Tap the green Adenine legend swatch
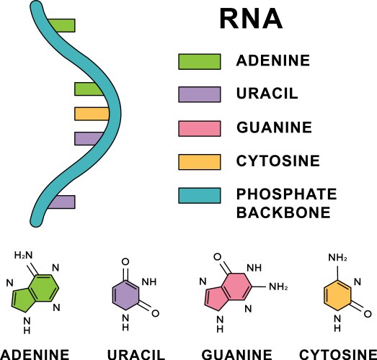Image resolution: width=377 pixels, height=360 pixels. click(x=199, y=62)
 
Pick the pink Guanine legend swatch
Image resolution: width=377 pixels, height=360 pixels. click(x=199, y=128)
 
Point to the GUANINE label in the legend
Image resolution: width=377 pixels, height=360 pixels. click(x=275, y=128)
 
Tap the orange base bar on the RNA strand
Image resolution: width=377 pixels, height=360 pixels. click(x=92, y=113)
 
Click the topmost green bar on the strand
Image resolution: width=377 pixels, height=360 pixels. click(x=63, y=25)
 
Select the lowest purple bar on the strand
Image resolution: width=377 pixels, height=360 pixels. click(x=63, y=202)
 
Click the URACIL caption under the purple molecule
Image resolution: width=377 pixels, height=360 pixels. click(x=136, y=354)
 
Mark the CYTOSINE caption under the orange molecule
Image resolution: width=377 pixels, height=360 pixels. click(x=337, y=354)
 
